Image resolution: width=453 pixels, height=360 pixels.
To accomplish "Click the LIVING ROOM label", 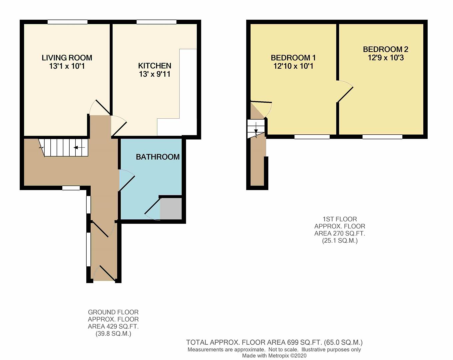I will pos(67,58).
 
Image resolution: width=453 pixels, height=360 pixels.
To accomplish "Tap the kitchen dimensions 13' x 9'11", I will pos(155,74).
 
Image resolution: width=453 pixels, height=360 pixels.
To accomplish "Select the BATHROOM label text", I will pos(158,157).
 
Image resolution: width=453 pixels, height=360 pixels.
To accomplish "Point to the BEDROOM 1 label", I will pos(293,58).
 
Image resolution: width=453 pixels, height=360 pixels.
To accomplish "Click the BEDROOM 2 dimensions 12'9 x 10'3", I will pos(386,58).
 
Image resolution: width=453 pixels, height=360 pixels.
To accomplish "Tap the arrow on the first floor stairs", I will pos(256,128).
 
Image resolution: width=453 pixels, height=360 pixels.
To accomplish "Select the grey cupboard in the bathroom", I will pos(171,209).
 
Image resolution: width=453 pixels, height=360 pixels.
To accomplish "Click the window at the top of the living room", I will pos(67,22).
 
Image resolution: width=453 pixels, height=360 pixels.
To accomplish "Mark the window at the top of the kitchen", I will pos(156,22).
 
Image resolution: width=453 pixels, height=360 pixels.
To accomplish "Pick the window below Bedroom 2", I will pos(382,137).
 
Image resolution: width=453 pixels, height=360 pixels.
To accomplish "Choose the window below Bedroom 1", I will pos(312,137).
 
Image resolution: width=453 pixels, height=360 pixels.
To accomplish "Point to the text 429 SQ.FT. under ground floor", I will pos(113,326).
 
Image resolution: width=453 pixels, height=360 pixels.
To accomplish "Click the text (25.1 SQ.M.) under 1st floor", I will pos(340,240).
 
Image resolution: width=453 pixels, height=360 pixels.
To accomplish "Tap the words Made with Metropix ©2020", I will pos(274,356).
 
